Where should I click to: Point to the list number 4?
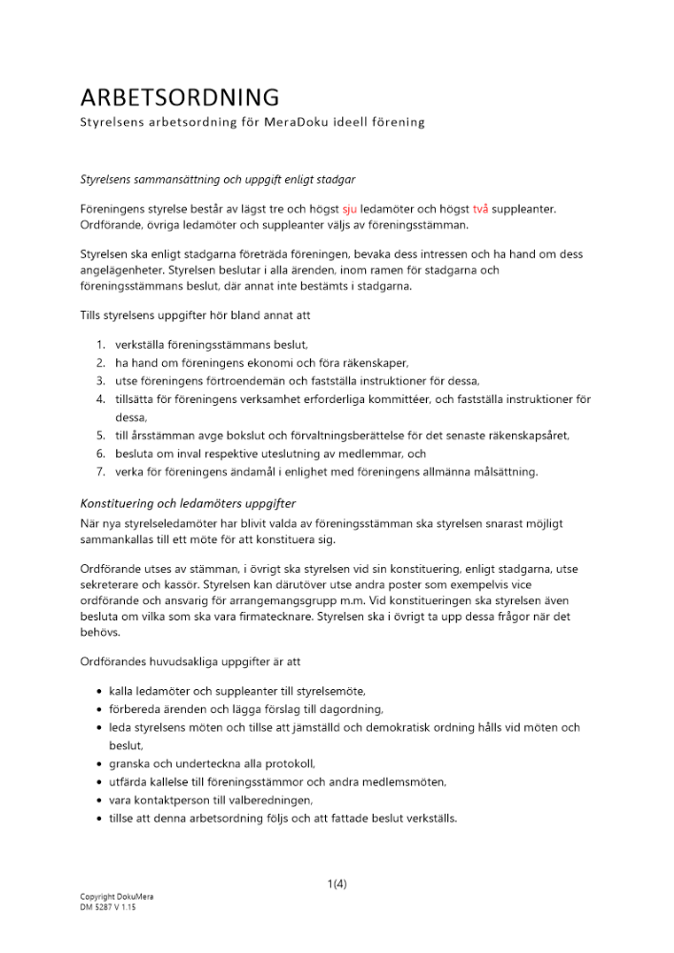[x=100, y=399]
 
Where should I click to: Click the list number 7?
[x=100, y=472]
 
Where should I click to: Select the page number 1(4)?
[x=337, y=883]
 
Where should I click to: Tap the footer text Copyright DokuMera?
[x=117, y=897]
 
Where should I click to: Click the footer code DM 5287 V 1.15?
[x=108, y=907]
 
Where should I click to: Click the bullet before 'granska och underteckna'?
[x=100, y=764]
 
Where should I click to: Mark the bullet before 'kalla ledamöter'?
[x=100, y=691]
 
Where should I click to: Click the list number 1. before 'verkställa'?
[x=100, y=345]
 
